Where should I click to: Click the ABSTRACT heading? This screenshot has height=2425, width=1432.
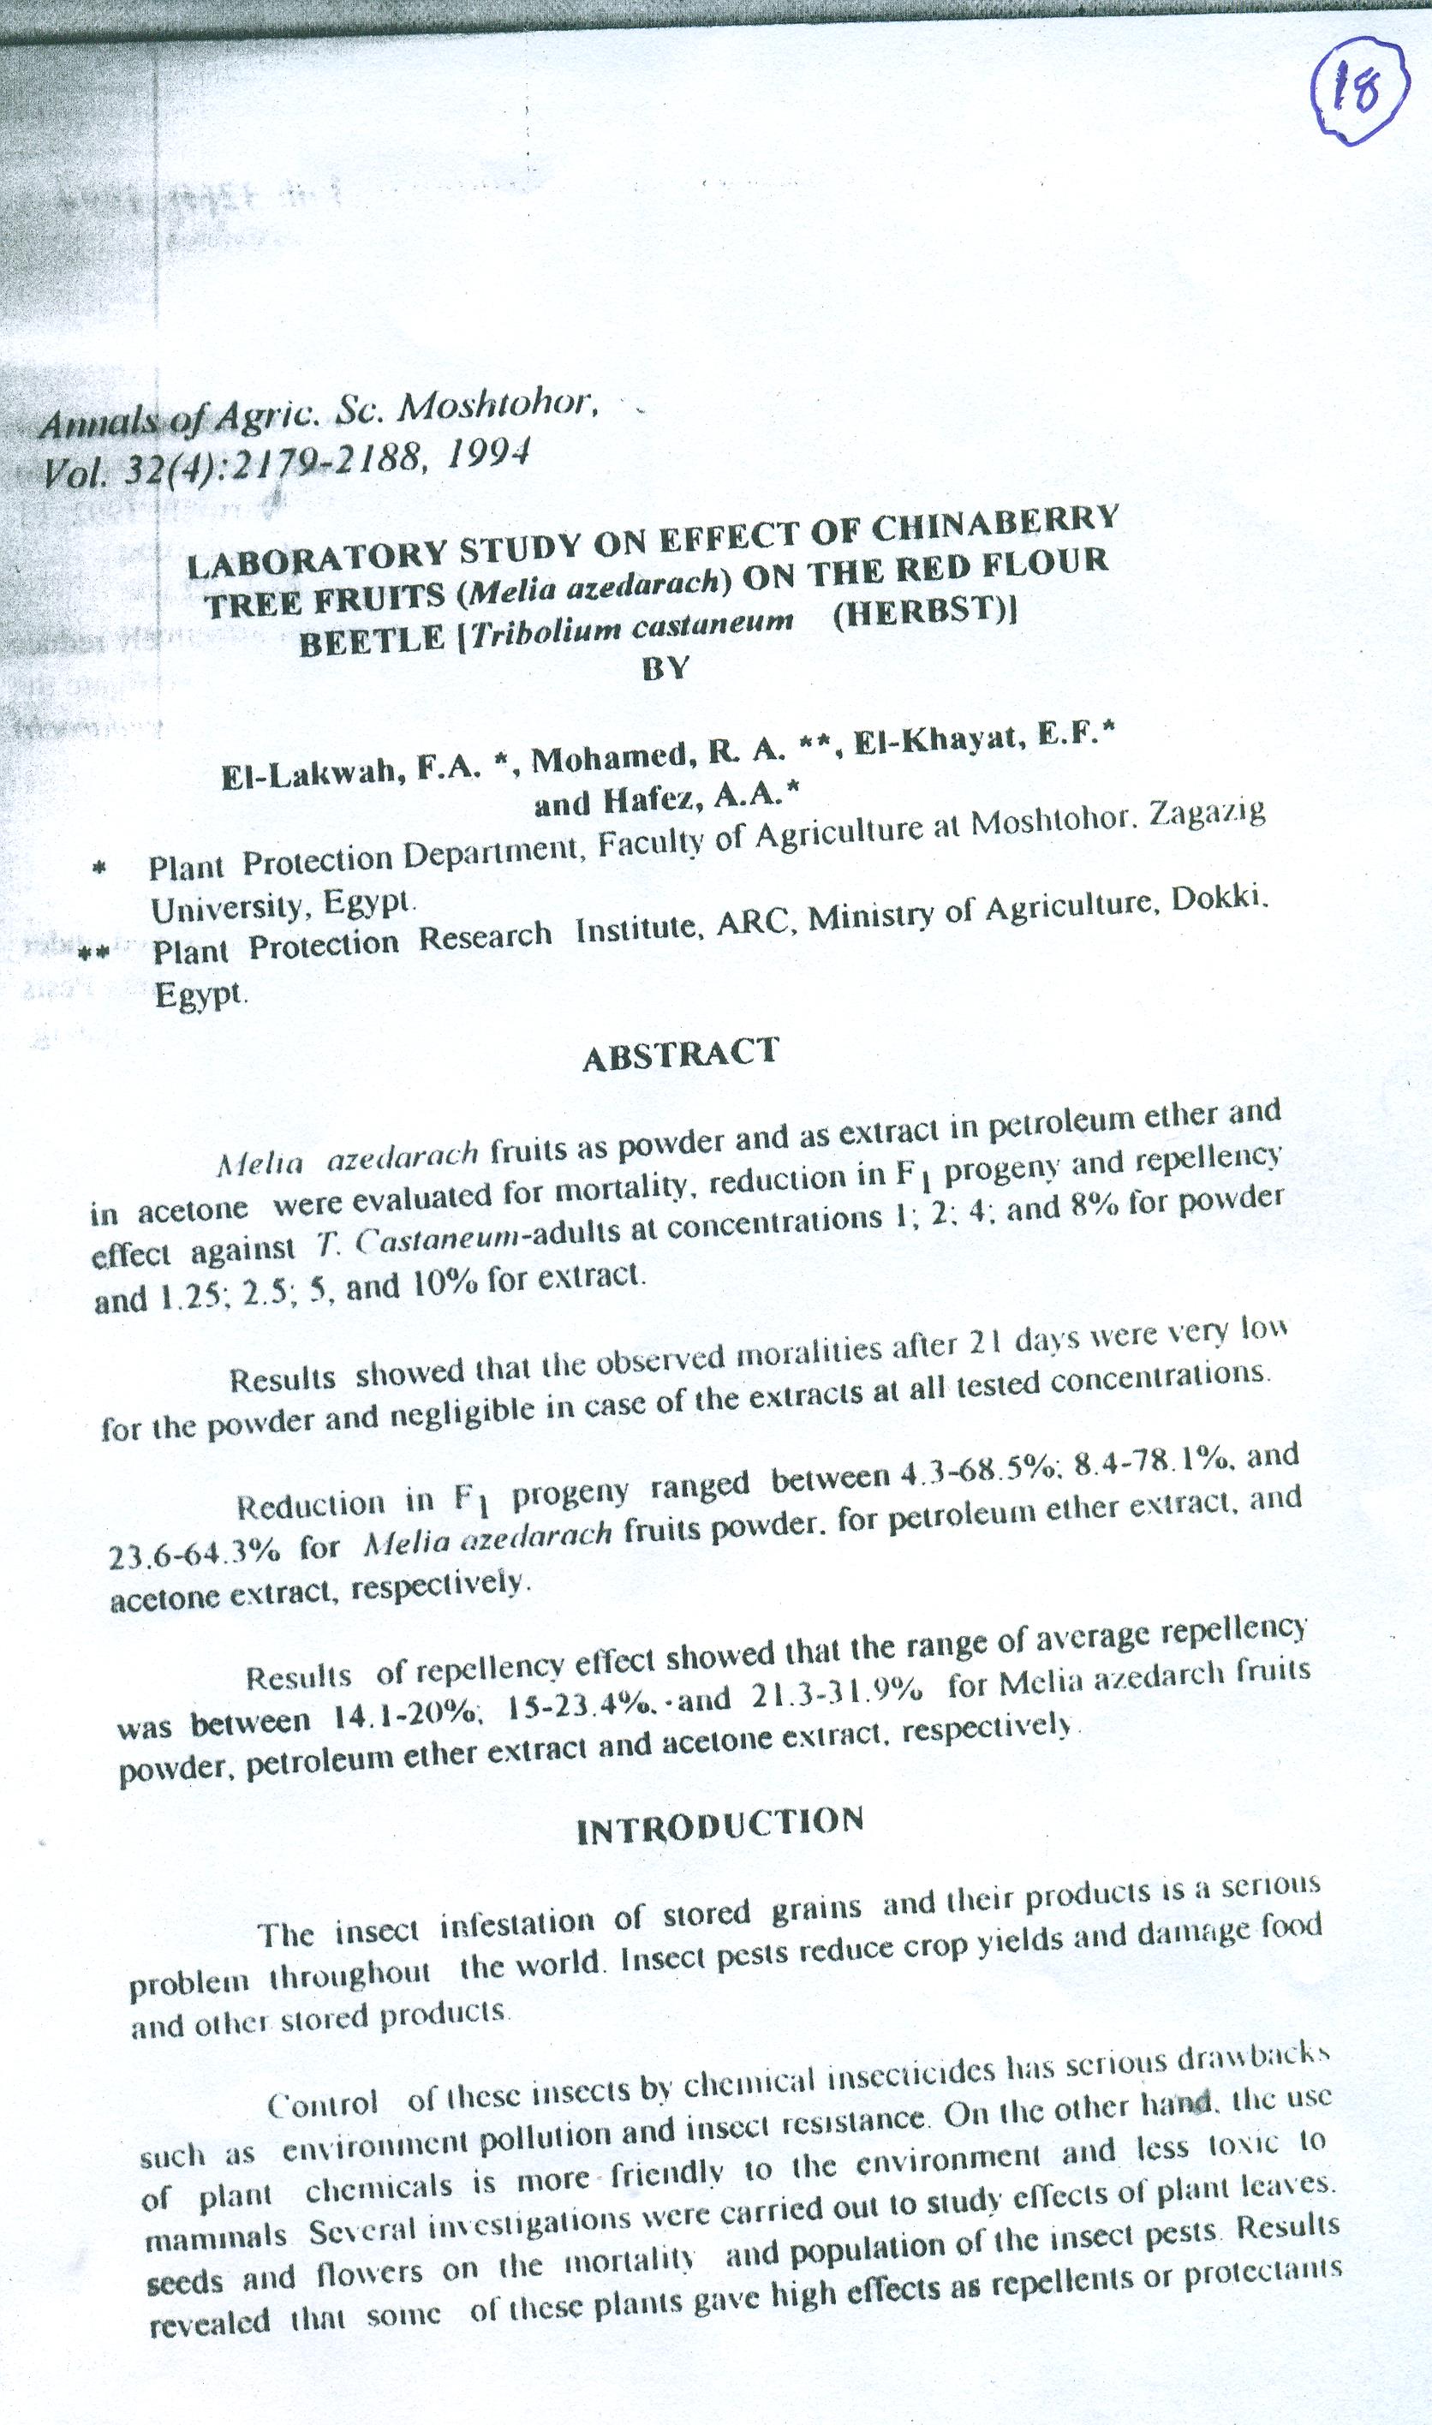pos(680,1053)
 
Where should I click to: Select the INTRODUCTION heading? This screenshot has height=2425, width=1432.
pos(720,1824)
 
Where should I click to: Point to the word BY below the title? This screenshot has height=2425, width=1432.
pos(665,669)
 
